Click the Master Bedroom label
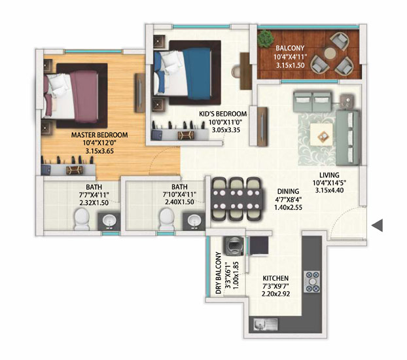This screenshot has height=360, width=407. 99,135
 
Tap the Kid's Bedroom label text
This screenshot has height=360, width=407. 222,114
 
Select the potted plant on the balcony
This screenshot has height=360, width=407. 266,39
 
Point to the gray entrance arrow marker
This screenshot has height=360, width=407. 378,225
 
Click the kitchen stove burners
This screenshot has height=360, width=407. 311,282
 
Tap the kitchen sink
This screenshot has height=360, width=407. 266,325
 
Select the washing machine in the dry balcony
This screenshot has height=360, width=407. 234,247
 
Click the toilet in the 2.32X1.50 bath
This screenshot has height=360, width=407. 82,219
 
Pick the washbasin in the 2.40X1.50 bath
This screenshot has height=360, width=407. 194,221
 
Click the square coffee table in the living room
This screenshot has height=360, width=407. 321,134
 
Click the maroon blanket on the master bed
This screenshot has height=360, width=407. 84,97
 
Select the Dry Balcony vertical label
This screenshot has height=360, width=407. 219,273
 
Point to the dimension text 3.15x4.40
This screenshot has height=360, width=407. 329,190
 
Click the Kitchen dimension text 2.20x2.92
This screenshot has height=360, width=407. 275,294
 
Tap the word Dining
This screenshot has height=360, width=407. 288,191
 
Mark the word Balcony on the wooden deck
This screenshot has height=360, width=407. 290,48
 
